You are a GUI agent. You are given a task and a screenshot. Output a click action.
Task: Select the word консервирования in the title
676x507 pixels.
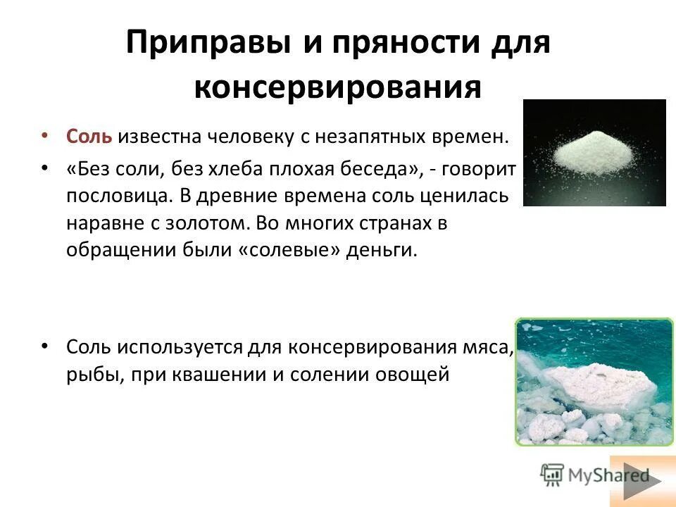[x=337, y=89]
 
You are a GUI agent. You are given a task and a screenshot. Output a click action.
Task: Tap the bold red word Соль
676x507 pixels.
[x=89, y=136]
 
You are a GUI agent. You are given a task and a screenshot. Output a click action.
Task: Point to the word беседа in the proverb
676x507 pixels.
[x=367, y=170]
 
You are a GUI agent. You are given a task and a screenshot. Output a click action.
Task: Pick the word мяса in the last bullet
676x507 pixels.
[x=489, y=347]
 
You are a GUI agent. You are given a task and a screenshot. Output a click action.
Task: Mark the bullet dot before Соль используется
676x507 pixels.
[x=44, y=347]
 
